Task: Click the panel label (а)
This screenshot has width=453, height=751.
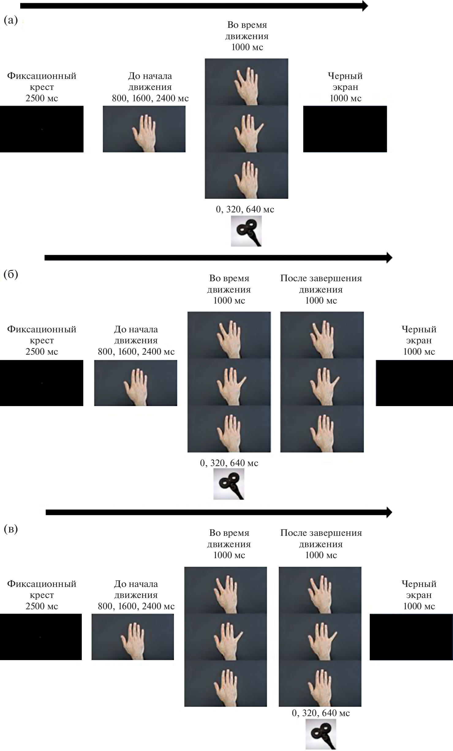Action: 11,21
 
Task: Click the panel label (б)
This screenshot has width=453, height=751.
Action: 11,274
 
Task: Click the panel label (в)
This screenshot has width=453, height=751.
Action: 11,529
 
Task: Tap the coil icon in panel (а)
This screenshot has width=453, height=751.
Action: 246,231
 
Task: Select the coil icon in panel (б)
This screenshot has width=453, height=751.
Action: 229,484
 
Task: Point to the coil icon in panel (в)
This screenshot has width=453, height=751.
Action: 321,734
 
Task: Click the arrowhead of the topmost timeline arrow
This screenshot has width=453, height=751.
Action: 365,6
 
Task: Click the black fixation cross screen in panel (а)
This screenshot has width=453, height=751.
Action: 42,129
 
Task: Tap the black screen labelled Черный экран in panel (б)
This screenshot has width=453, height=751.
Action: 414,383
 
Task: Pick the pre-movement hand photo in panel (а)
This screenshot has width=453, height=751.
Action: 144,129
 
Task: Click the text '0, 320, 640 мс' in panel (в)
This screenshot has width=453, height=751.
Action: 321,713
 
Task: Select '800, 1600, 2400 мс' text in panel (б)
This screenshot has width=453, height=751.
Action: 136,352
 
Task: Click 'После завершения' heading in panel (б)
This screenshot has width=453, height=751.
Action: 321,278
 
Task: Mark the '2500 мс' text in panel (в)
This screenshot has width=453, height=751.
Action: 42,606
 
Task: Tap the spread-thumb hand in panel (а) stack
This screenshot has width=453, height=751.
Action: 247,129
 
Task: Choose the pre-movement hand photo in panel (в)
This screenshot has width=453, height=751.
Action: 133,637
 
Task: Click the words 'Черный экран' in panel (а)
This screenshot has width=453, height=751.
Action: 345,81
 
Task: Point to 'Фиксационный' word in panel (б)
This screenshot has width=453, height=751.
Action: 42,329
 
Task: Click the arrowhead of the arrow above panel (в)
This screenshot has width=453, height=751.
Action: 389,512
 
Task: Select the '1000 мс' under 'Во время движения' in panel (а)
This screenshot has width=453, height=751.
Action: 247,47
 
